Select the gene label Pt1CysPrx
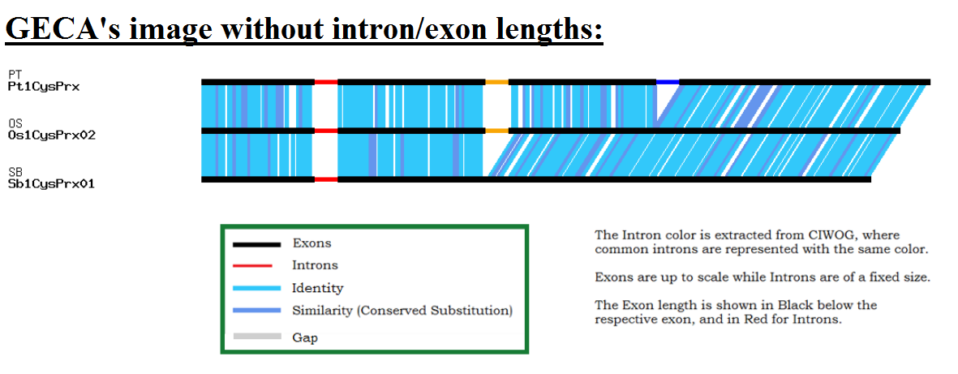tap(44, 87)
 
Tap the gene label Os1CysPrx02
tap(52, 135)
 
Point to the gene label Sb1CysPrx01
tap(51, 183)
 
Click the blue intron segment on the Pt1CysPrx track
tap(667, 81)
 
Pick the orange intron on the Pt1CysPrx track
tap(496, 81)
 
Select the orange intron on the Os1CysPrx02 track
tap(496, 131)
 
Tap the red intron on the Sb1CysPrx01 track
tap(326, 179)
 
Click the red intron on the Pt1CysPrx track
tap(326, 81)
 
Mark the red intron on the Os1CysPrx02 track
tap(326, 131)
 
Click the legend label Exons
tap(311, 243)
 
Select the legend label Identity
tap(318, 288)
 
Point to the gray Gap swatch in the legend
tap(256, 336)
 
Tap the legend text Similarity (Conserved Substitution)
tap(402, 311)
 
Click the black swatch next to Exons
tap(256, 244)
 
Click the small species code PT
tap(14, 75)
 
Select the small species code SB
tap(14, 172)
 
